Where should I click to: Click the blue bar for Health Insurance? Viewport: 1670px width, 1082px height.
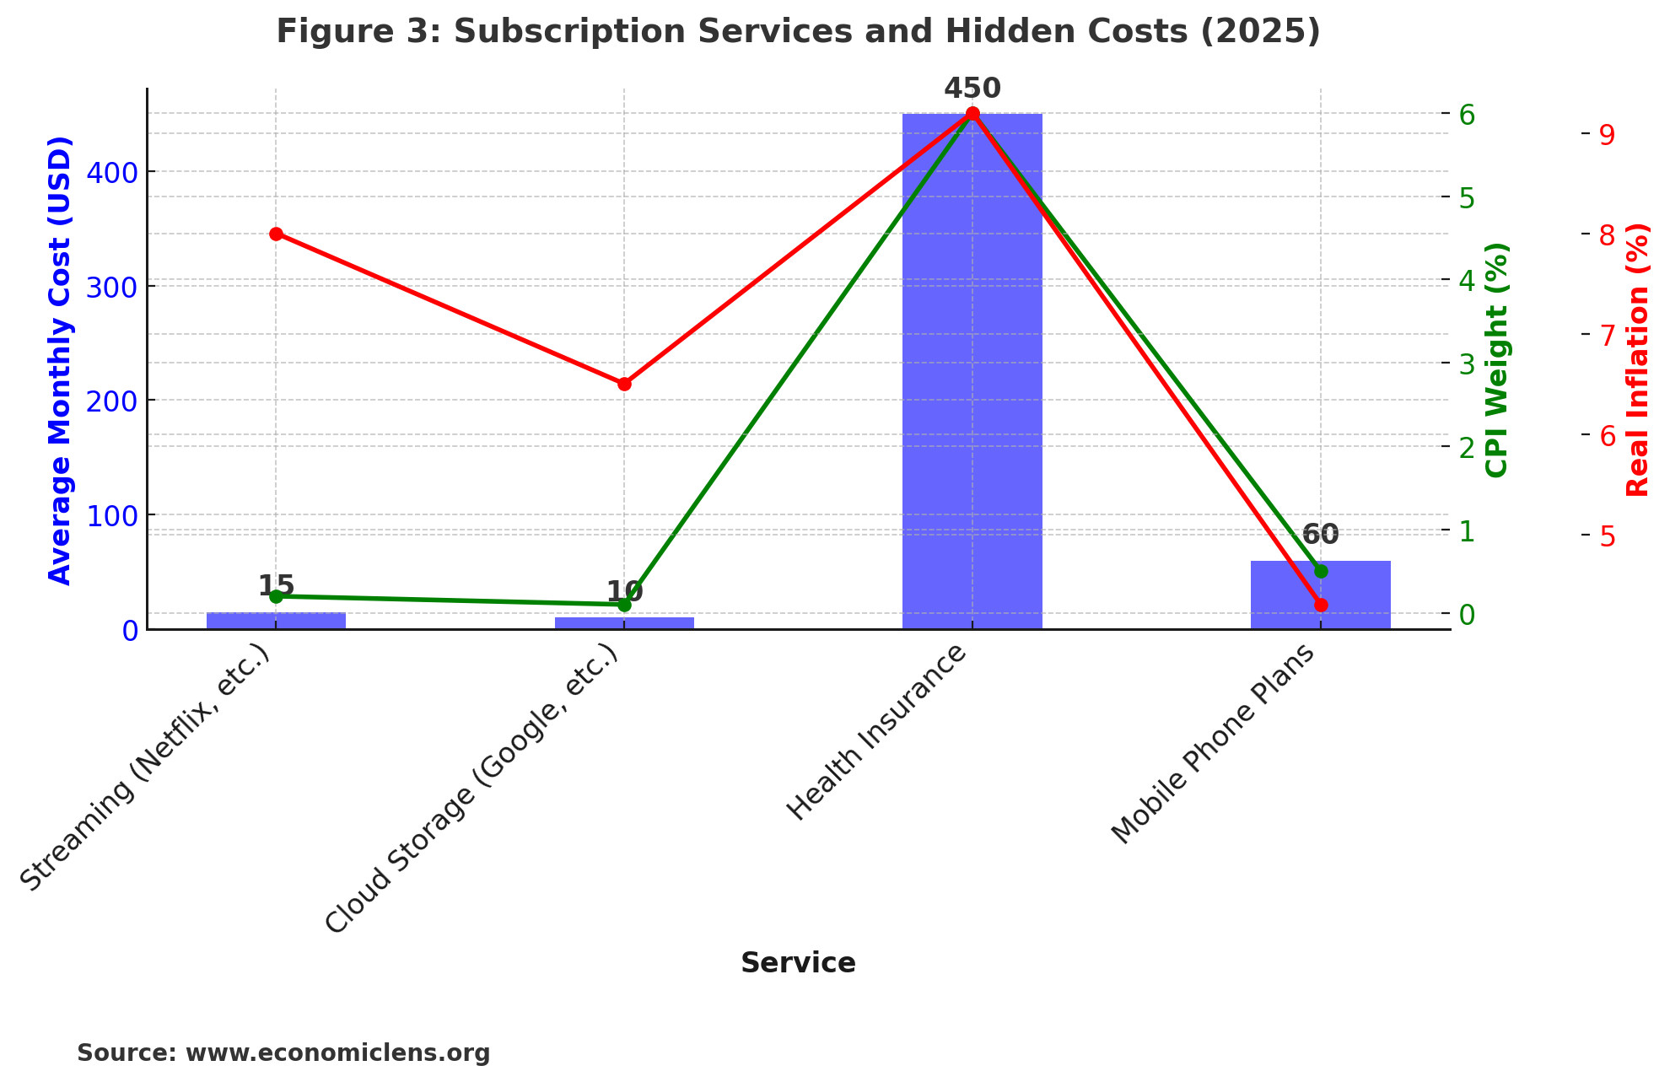click(x=972, y=371)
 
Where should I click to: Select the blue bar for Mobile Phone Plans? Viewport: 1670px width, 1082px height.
click(x=1320, y=595)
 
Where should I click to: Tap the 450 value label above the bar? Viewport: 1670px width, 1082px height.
click(x=972, y=89)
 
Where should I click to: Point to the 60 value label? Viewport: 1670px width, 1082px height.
click(x=1320, y=534)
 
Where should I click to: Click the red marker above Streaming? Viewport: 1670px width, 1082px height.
click(x=276, y=234)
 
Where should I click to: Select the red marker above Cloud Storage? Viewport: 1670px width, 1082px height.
click(x=624, y=384)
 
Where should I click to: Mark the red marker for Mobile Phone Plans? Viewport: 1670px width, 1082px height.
click(x=1321, y=605)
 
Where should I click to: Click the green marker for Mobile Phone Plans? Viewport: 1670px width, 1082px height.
click(x=1321, y=571)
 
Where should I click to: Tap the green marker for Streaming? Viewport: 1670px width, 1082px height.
click(x=276, y=596)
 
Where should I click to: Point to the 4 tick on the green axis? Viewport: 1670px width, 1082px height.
click(x=1467, y=280)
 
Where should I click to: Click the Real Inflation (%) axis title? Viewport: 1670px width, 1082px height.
click(x=1637, y=360)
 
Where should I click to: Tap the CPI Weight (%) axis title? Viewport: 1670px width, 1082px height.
click(x=1496, y=360)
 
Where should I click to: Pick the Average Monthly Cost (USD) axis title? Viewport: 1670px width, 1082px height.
click(x=60, y=360)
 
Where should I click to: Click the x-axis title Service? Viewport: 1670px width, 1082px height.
click(x=798, y=963)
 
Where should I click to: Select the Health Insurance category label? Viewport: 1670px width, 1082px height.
click(x=877, y=734)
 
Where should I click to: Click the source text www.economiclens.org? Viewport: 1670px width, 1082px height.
click(x=337, y=1053)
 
